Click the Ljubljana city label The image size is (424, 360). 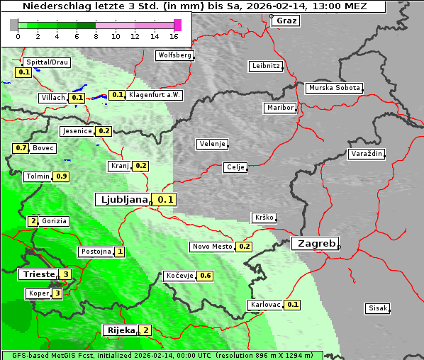(122, 200)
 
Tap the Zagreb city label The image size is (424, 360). (315, 243)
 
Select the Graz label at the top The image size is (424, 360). (286, 21)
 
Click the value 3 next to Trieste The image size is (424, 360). (66, 274)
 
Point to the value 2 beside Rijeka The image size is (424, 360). (145, 330)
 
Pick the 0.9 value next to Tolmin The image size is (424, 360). (62, 176)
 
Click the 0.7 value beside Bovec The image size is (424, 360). (21, 148)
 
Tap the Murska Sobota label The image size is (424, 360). (334, 89)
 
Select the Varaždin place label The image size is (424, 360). (366, 154)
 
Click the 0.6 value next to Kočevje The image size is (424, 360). (206, 276)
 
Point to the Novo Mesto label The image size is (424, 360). (212, 247)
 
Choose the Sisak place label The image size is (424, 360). (376, 308)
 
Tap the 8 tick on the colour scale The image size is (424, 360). (96, 35)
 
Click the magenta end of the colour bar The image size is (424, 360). (177, 25)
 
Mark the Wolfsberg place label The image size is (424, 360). (174, 55)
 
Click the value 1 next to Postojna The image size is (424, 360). (121, 252)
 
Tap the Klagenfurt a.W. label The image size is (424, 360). (155, 95)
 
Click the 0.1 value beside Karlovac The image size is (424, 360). (293, 305)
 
